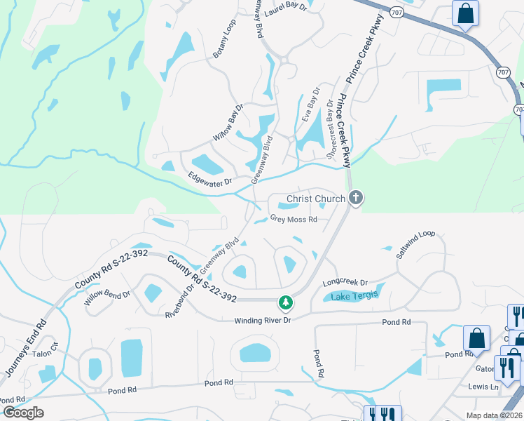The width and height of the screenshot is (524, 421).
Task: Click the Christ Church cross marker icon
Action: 356,199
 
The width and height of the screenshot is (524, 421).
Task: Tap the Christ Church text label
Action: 316,199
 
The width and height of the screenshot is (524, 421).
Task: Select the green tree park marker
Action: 286,302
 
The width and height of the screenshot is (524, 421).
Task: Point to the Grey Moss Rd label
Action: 294,219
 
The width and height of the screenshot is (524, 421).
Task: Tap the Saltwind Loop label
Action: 415,245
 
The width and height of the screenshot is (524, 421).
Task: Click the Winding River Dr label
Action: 262,321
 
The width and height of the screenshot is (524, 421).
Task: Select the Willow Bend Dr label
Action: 107,298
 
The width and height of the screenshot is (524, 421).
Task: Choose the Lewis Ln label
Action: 483,387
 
